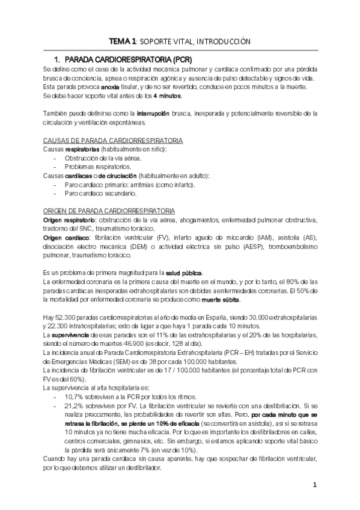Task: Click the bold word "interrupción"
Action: [x=154, y=113]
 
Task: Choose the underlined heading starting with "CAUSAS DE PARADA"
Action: [x=114, y=140]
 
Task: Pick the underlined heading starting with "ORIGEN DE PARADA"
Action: [x=109, y=211]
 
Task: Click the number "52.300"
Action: [x=66, y=318]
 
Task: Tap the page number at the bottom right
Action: [x=314, y=485]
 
